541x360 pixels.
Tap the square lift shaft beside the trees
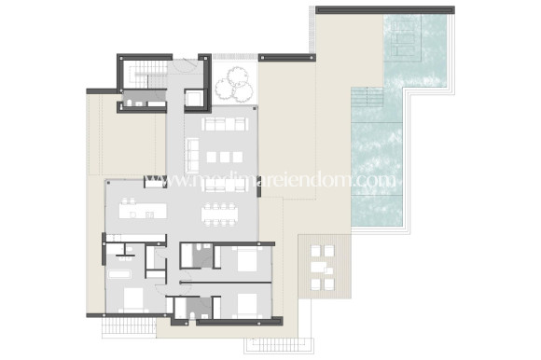[194, 97]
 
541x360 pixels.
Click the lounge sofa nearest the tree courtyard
[223, 124]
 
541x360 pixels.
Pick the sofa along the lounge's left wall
[193, 154]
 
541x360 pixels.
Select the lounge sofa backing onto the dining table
[222, 186]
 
